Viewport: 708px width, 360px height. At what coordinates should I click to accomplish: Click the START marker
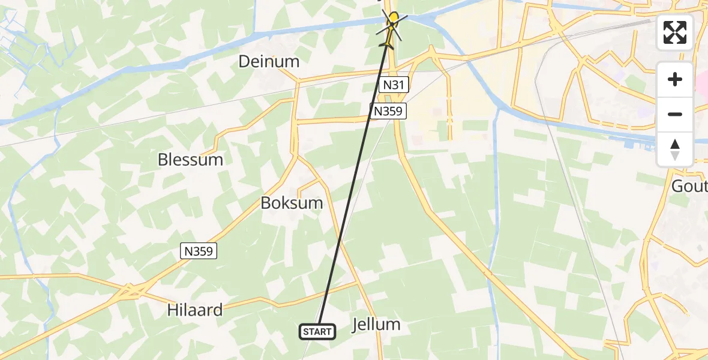point(317,331)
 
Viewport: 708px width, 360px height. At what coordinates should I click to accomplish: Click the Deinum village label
point(269,61)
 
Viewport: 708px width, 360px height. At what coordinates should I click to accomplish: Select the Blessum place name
point(190,160)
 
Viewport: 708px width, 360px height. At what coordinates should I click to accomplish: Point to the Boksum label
point(292,203)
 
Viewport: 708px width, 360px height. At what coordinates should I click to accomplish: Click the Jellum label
point(376,325)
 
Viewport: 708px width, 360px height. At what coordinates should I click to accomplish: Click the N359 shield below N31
point(389,110)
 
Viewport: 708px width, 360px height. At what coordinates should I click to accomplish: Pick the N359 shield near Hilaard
point(199,251)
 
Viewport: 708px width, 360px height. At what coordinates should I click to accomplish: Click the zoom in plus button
point(675,79)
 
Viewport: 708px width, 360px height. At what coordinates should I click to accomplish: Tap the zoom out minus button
point(675,114)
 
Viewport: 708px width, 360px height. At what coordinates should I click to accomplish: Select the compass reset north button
point(675,149)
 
